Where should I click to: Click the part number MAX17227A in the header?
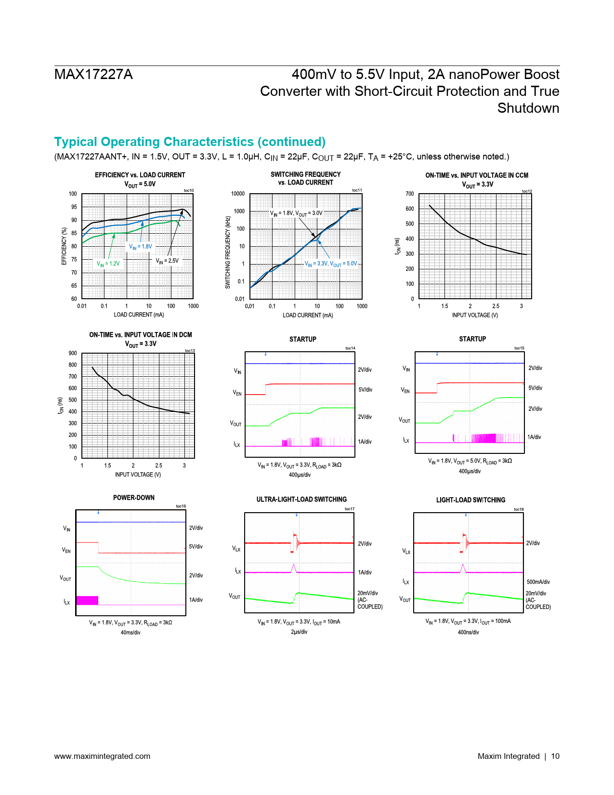pyautogui.click(x=93, y=75)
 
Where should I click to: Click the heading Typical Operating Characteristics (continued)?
pyautogui.click(x=190, y=142)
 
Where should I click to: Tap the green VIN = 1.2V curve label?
pyautogui.click(x=108, y=264)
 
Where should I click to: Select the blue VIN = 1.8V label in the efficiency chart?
pyautogui.click(x=140, y=247)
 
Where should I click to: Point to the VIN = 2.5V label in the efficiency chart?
pyautogui.click(x=167, y=261)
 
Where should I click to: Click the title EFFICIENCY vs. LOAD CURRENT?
pyautogui.click(x=140, y=175)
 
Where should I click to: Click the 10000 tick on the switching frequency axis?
pyautogui.click(x=238, y=194)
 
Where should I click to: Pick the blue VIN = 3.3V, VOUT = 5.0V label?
pyautogui.click(x=331, y=264)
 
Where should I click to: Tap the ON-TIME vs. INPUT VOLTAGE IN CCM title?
pyautogui.click(x=477, y=175)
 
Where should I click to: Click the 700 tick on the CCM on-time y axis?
pyautogui.click(x=410, y=194)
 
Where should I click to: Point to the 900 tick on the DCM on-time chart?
pyautogui.click(x=73, y=353)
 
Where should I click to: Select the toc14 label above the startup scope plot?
pyautogui.click(x=350, y=348)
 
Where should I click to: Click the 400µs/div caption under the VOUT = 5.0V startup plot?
pyautogui.click(x=470, y=471)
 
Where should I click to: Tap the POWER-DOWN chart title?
pyautogui.click(x=134, y=498)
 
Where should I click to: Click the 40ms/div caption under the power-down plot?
pyautogui.click(x=131, y=632)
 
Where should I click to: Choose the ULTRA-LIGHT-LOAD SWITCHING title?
pyautogui.click(x=301, y=500)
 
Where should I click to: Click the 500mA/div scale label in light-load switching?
pyautogui.click(x=538, y=582)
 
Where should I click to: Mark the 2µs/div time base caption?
pyautogui.click(x=299, y=632)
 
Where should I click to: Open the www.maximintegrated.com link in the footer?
pyautogui.click(x=102, y=756)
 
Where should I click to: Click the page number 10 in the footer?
pyautogui.click(x=555, y=756)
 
